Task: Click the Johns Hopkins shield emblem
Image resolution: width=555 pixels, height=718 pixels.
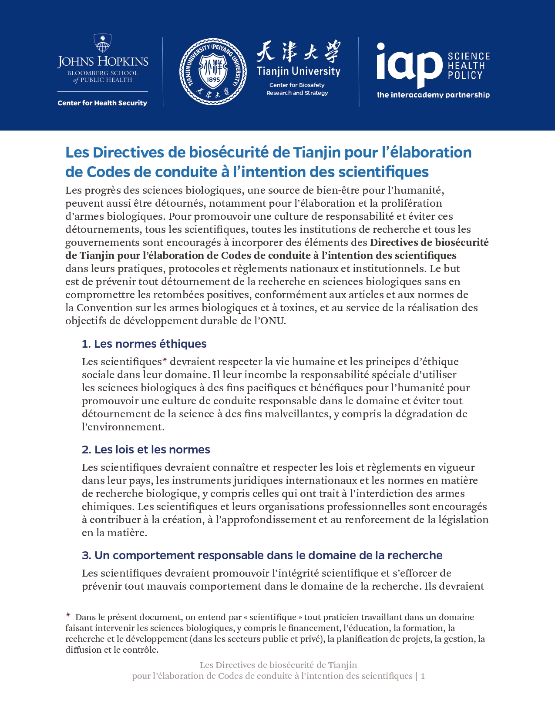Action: (103, 43)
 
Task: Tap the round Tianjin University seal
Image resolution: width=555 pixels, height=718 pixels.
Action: (213, 71)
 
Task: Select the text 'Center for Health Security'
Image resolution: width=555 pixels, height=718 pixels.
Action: (102, 103)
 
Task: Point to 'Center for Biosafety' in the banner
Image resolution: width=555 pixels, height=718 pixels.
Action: (297, 85)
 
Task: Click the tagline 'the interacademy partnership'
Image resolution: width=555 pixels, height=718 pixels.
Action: (433, 95)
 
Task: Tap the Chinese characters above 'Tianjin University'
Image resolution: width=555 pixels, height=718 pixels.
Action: (298, 52)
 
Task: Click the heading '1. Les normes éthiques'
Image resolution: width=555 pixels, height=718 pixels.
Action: (144, 344)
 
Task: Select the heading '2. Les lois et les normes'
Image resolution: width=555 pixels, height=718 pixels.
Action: (146, 450)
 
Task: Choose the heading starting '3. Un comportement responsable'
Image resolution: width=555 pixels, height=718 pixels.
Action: (262, 555)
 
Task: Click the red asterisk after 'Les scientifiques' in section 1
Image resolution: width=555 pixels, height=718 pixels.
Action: (165, 360)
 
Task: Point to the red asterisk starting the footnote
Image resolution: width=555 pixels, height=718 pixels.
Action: (68, 615)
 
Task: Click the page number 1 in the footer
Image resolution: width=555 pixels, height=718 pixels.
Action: (423, 676)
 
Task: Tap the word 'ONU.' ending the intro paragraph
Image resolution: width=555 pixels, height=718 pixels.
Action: (274, 321)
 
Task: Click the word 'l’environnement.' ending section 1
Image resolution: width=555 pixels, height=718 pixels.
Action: (123, 427)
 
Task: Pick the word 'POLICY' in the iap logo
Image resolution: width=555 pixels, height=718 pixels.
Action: (465, 75)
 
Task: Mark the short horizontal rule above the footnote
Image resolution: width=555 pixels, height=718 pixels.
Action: (98, 606)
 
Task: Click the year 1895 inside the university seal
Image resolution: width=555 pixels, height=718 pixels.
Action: (213, 80)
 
